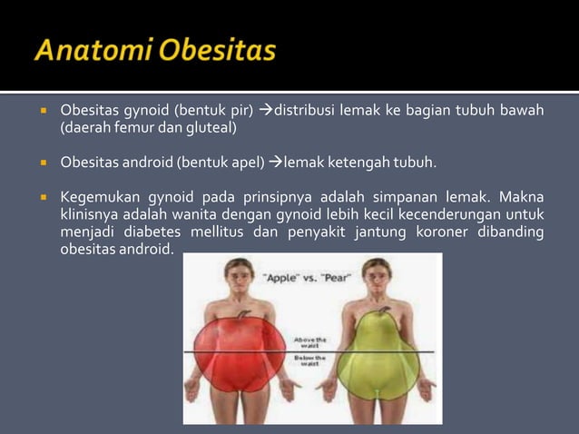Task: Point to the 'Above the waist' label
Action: pos(309,342)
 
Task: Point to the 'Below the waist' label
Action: pos(309,360)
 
